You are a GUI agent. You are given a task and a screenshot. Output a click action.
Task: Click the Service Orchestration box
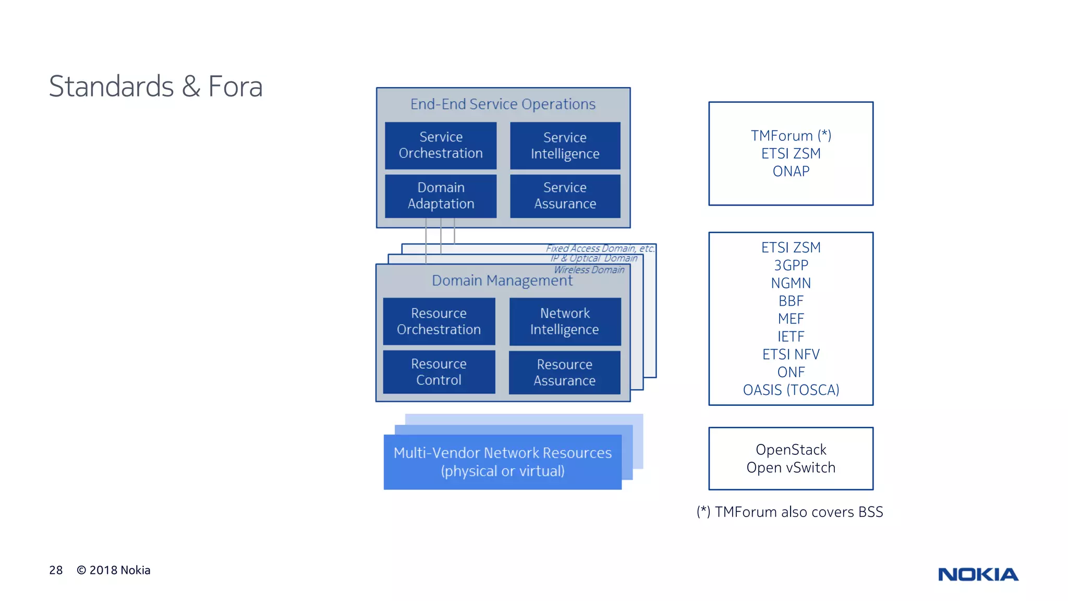click(441, 146)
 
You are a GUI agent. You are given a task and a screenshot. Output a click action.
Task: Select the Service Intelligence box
click(565, 146)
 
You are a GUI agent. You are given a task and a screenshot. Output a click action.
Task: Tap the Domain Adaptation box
click(441, 196)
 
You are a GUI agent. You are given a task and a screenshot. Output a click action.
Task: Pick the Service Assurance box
click(565, 196)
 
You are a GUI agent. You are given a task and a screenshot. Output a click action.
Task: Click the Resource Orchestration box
click(439, 321)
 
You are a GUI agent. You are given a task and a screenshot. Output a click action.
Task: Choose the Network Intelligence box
click(565, 321)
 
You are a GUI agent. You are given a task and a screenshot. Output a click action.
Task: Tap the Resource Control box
click(439, 372)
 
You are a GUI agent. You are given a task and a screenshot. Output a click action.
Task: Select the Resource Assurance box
click(564, 372)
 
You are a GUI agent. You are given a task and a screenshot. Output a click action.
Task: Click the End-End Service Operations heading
click(503, 104)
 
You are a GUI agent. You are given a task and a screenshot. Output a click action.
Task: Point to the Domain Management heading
click(502, 281)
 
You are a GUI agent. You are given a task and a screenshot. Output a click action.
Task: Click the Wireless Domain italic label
click(589, 270)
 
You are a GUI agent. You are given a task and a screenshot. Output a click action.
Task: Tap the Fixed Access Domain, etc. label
click(600, 248)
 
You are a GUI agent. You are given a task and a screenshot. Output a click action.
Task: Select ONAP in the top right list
click(791, 171)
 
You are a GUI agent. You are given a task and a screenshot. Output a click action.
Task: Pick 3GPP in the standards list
click(791, 266)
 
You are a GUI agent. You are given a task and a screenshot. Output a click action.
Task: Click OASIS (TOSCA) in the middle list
click(791, 390)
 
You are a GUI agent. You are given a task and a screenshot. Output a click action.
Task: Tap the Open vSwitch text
click(791, 467)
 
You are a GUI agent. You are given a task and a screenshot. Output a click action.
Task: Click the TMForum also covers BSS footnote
click(790, 512)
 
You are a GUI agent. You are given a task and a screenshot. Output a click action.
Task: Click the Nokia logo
click(978, 574)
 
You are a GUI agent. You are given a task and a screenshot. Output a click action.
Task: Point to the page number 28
click(56, 570)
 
